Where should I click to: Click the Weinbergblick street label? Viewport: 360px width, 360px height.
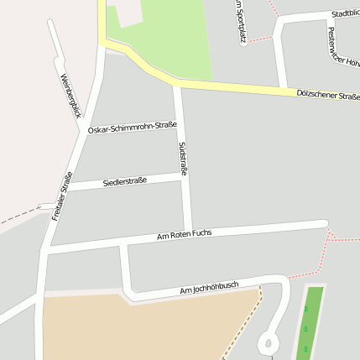70,95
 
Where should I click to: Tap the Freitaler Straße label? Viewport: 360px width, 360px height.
61,196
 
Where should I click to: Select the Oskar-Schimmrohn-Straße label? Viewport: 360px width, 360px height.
133,128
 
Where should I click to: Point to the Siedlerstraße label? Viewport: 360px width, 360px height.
125,180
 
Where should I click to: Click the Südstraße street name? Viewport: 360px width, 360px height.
183,158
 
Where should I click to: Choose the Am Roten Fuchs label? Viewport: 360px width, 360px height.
185,235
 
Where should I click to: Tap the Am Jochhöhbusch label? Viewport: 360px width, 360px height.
209,289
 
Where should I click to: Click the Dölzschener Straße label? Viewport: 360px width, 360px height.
328,97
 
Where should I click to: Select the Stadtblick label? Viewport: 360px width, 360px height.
345,13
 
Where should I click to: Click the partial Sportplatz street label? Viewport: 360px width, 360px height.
241,21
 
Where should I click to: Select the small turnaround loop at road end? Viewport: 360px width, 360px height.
268,343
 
